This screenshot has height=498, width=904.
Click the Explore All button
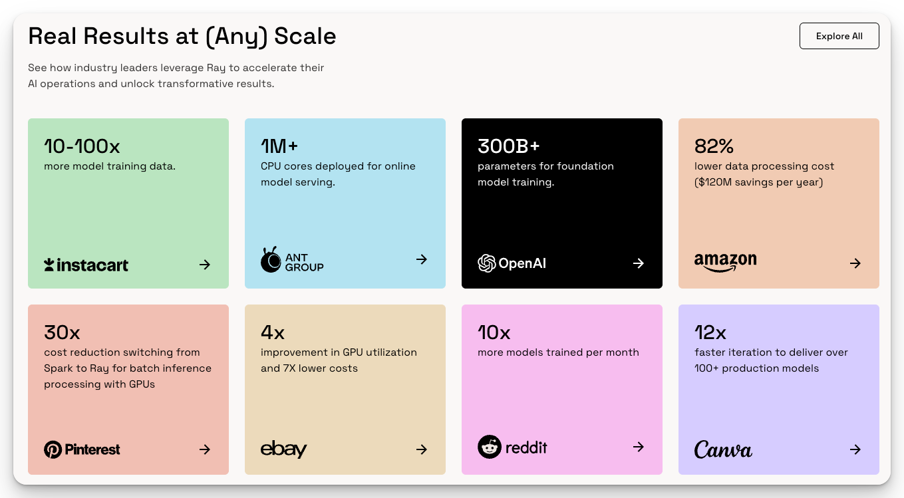tap(839, 36)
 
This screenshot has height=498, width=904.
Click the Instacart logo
tap(86, 265)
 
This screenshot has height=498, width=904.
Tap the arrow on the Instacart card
tap(205, 265)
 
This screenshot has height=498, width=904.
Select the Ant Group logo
tap(292, 260)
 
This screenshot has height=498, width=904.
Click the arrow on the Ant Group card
tap(422, 259)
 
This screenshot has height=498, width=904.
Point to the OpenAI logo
tap(512, 263)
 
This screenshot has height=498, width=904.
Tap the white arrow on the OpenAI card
tap(639, 263)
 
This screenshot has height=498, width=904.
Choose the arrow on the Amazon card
tap(855, 263)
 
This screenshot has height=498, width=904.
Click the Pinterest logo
tap(82, 449)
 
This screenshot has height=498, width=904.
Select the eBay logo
tap(284, 449)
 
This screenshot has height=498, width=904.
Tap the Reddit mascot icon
tap(490, 447)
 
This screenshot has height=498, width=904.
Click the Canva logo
tap(723, 449)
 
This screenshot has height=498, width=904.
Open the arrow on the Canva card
tap(855, 449)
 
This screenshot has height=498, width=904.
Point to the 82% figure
tap(714, 146)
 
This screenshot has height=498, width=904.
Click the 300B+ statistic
tap(508, 146)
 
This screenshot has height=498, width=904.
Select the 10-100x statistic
tap(82, 146)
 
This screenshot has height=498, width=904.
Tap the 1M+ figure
tap(279, 146)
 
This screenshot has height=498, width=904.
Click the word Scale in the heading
tap(305, 36)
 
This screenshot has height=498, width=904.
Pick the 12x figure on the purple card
tap(710, 332)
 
